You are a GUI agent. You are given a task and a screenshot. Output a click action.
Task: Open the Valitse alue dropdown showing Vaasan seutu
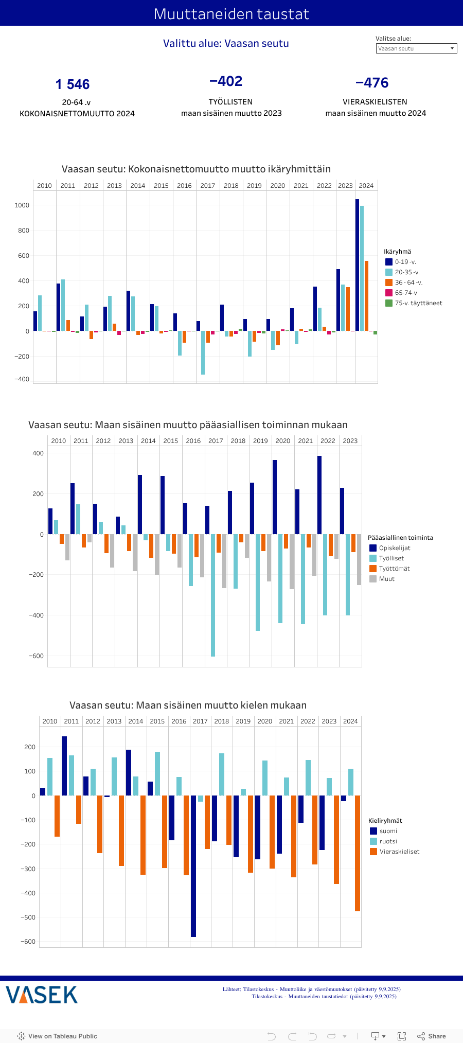coord(416,48)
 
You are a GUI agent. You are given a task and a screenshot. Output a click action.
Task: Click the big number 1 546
coord(73,84)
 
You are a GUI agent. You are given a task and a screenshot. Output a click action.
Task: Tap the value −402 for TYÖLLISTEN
coord(226,81)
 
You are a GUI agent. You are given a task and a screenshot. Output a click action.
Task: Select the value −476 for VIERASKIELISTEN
coord(372,83)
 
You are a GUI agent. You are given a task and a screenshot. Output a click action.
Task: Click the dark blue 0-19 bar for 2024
coord(357,265)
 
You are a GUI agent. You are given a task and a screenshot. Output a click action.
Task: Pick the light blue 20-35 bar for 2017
coord(203,352)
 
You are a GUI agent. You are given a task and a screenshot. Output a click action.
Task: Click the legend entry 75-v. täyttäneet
coord(418,303)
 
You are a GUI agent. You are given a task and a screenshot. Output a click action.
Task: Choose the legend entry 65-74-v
coord(406,293)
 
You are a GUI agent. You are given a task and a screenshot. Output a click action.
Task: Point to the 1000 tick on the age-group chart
coord(22,205)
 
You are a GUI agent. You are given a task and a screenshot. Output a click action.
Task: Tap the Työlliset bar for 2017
coord(213,595)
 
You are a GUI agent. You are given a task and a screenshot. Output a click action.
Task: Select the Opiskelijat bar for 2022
coord(319,495)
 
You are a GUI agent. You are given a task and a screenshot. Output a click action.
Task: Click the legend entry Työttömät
coord(394,569)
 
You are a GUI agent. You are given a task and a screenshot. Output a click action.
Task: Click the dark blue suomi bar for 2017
coord(193,866)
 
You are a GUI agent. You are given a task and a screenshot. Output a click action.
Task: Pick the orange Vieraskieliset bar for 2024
coord(358,853)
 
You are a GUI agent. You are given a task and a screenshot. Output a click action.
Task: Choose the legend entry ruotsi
coord(388,841)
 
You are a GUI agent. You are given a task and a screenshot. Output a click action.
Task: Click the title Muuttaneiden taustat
coord(232,13)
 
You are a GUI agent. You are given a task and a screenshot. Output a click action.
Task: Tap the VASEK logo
coord(42,995)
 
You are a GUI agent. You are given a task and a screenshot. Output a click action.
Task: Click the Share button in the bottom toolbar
coord(432,1036)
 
